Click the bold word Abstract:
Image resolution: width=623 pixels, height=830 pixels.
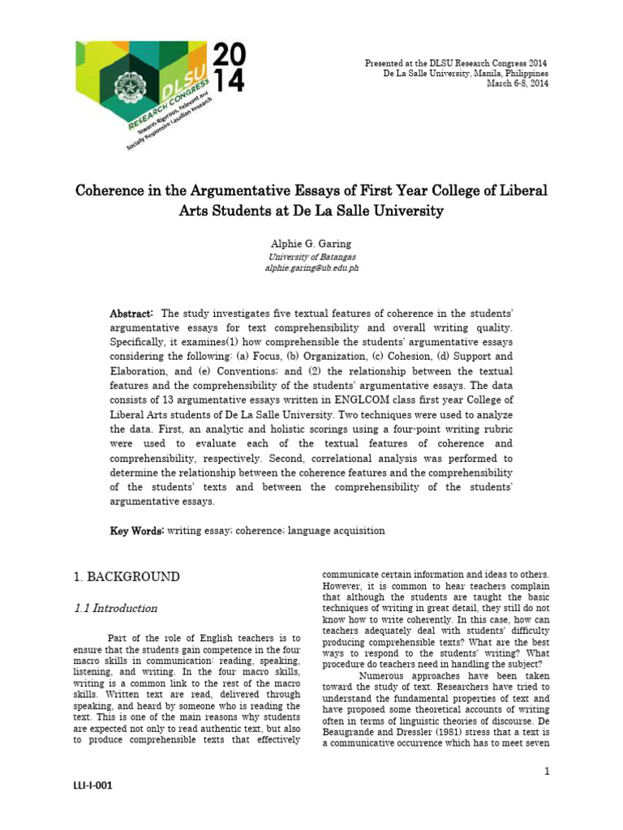pyautogui.click(x=131, y=314)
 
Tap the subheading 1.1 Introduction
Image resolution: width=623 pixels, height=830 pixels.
pyautogui.click(x=115, y=608)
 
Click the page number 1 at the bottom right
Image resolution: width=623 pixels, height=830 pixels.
pyautogui.click(x=548, y=771)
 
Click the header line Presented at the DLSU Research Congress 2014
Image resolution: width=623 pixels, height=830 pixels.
pyautogui.click(x=456, y=62)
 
